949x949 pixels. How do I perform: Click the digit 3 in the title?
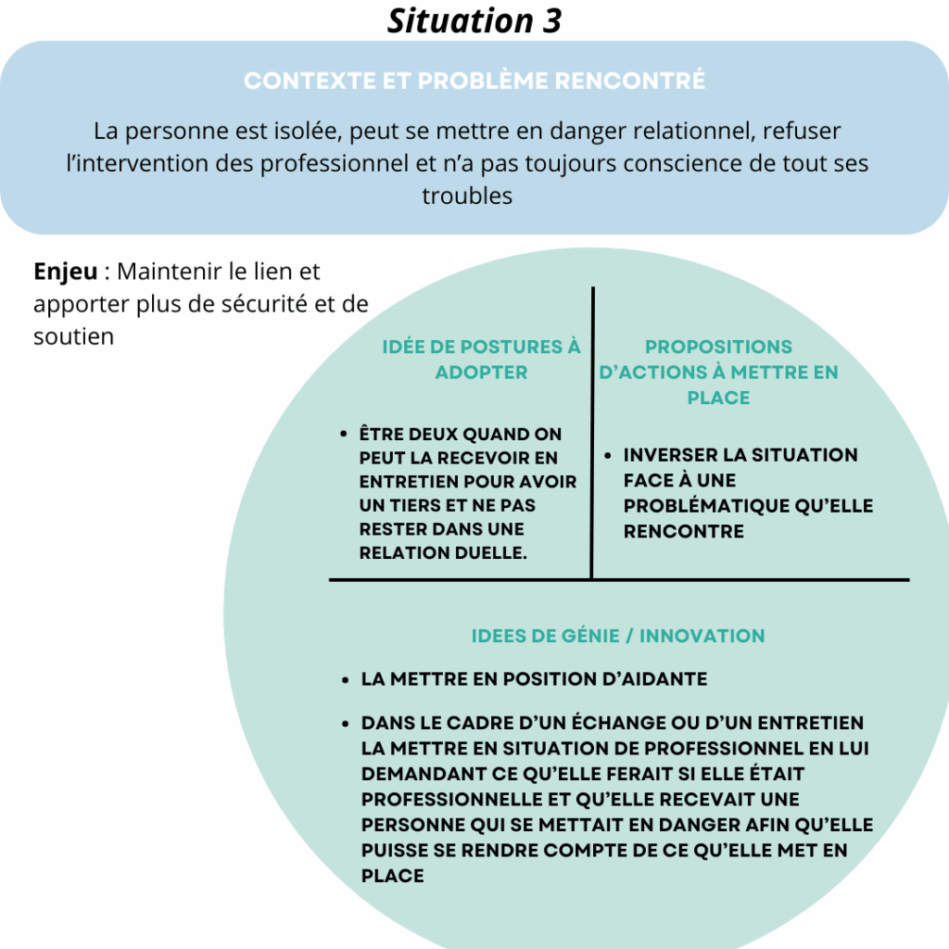point(550,21)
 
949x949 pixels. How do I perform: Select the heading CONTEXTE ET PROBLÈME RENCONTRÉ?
point(474,81)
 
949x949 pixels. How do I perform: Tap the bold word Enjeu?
point(65,272)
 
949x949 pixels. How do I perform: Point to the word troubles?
point(467,196)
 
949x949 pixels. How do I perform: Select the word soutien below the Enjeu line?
point(73,335)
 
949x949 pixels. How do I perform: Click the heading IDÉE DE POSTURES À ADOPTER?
point(481,360)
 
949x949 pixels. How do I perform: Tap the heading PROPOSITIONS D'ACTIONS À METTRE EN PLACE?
point(718,373)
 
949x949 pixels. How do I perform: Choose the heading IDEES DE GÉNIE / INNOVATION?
point(618,636)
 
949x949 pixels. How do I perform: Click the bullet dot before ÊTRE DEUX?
point(344,434)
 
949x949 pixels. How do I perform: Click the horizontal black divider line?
point(618,580)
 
